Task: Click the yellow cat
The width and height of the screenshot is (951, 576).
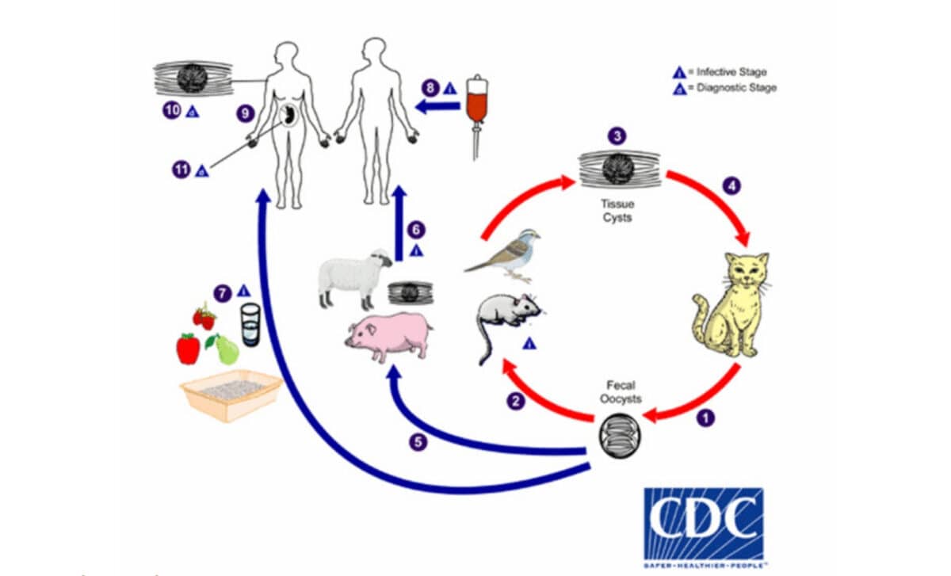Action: pyautogui.click(x=730, y=304)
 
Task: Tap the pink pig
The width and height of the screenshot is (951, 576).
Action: pyautogui.click(x=388, y=338)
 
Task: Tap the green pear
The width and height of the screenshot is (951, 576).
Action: pyautogui.click(x=226, y=349)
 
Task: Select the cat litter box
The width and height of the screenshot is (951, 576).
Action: pyautogui.click(x=231, y=393)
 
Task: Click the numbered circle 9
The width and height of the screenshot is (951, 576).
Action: pyautogui.click(x=246, y=114)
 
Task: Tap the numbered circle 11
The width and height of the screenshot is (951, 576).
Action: pyautogui.click(x=181, y=168)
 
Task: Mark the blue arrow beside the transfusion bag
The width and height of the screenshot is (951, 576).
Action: pyautogui.click(x=438, y=105)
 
